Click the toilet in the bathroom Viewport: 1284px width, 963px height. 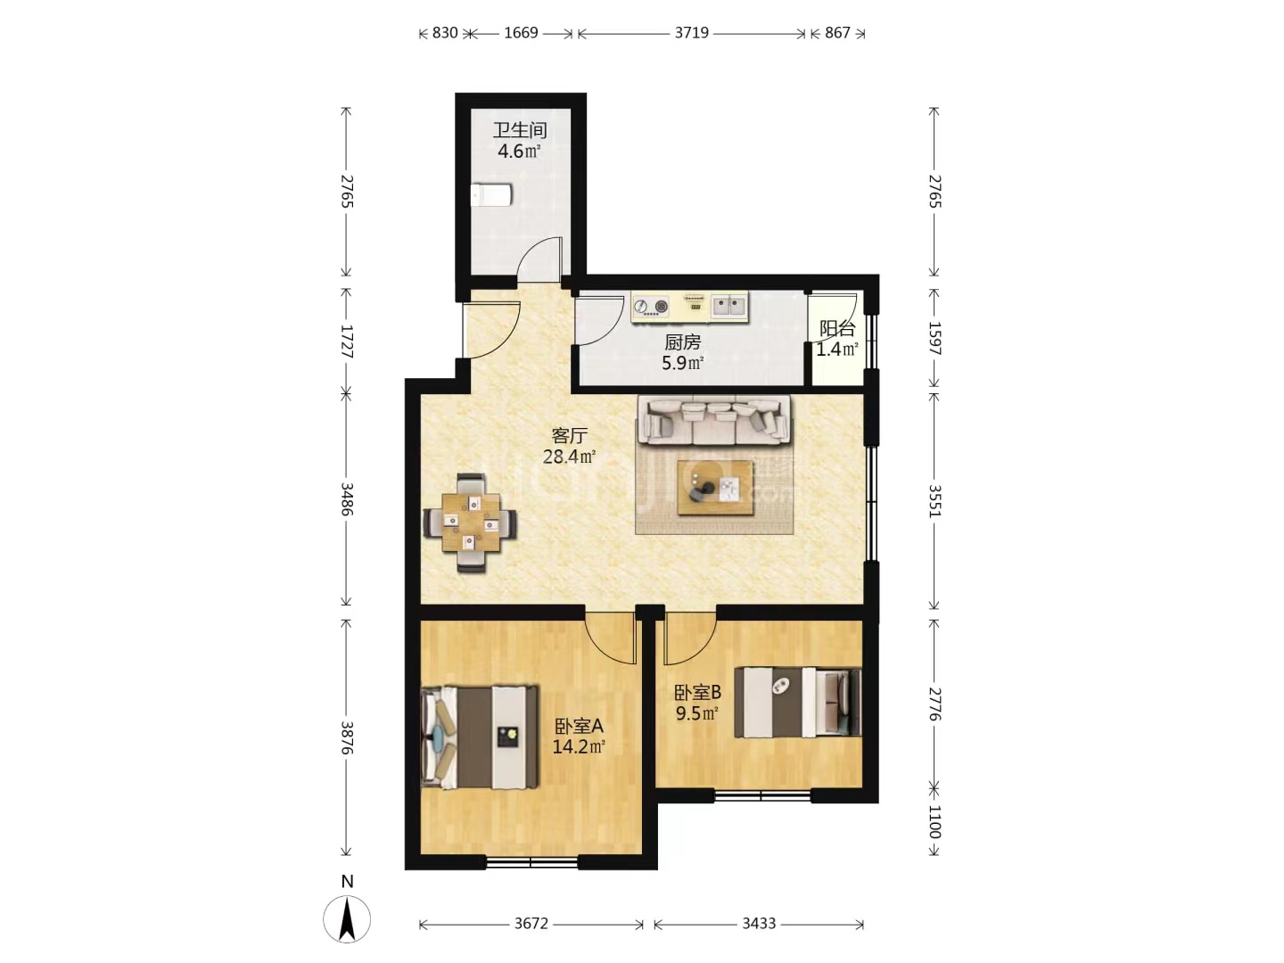click(491, 194)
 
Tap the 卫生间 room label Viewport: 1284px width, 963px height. click(520, 130)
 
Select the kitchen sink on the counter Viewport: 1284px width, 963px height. click(728, 305)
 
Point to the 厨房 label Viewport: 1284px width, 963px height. click(682, 342)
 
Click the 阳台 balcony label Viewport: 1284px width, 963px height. click(837, 329)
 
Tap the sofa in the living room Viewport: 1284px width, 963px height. click(713, 420)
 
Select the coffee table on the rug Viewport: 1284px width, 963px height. click(715, 488)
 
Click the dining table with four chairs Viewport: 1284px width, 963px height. click(470, 523)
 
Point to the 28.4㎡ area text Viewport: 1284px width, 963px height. click(569, 457)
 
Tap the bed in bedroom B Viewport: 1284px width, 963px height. click(797, 702)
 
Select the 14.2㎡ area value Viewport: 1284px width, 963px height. click(579, 746)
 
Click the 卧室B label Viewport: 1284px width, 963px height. click(697, 693)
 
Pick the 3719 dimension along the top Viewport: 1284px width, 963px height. click(691, 33)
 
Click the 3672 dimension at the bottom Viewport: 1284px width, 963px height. click(531, 924)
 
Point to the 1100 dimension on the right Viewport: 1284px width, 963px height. click(934, 821)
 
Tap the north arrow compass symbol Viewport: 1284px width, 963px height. click(347, 918)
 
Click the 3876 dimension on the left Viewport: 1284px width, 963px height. click(347, 737)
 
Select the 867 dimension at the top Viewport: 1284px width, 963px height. click(837, 33)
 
